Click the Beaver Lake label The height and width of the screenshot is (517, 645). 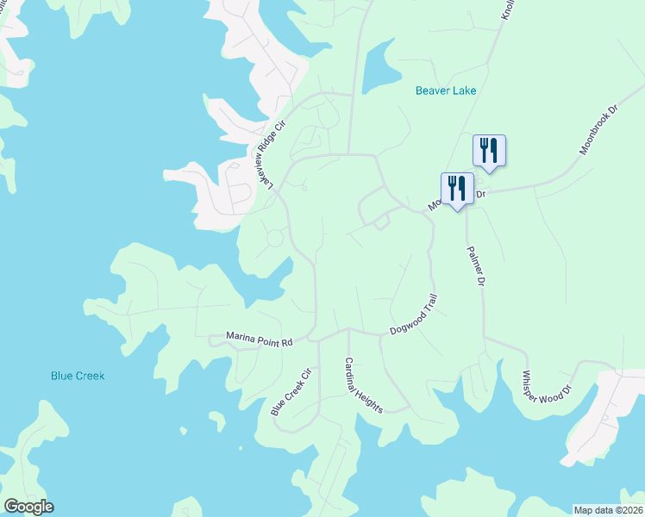[445, 90]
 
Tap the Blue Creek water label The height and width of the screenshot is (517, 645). [78, 376]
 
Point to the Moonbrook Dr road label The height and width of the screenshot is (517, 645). [599, 130]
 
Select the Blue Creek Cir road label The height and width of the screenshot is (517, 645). [290, 394]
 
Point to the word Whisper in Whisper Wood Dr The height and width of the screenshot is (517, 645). [535, 388]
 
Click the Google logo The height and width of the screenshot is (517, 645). [28, 507]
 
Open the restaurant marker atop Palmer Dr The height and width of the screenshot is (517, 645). [457, 188]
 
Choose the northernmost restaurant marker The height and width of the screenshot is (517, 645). [489, 151]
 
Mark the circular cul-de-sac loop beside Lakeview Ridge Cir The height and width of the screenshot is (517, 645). [275, 238]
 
